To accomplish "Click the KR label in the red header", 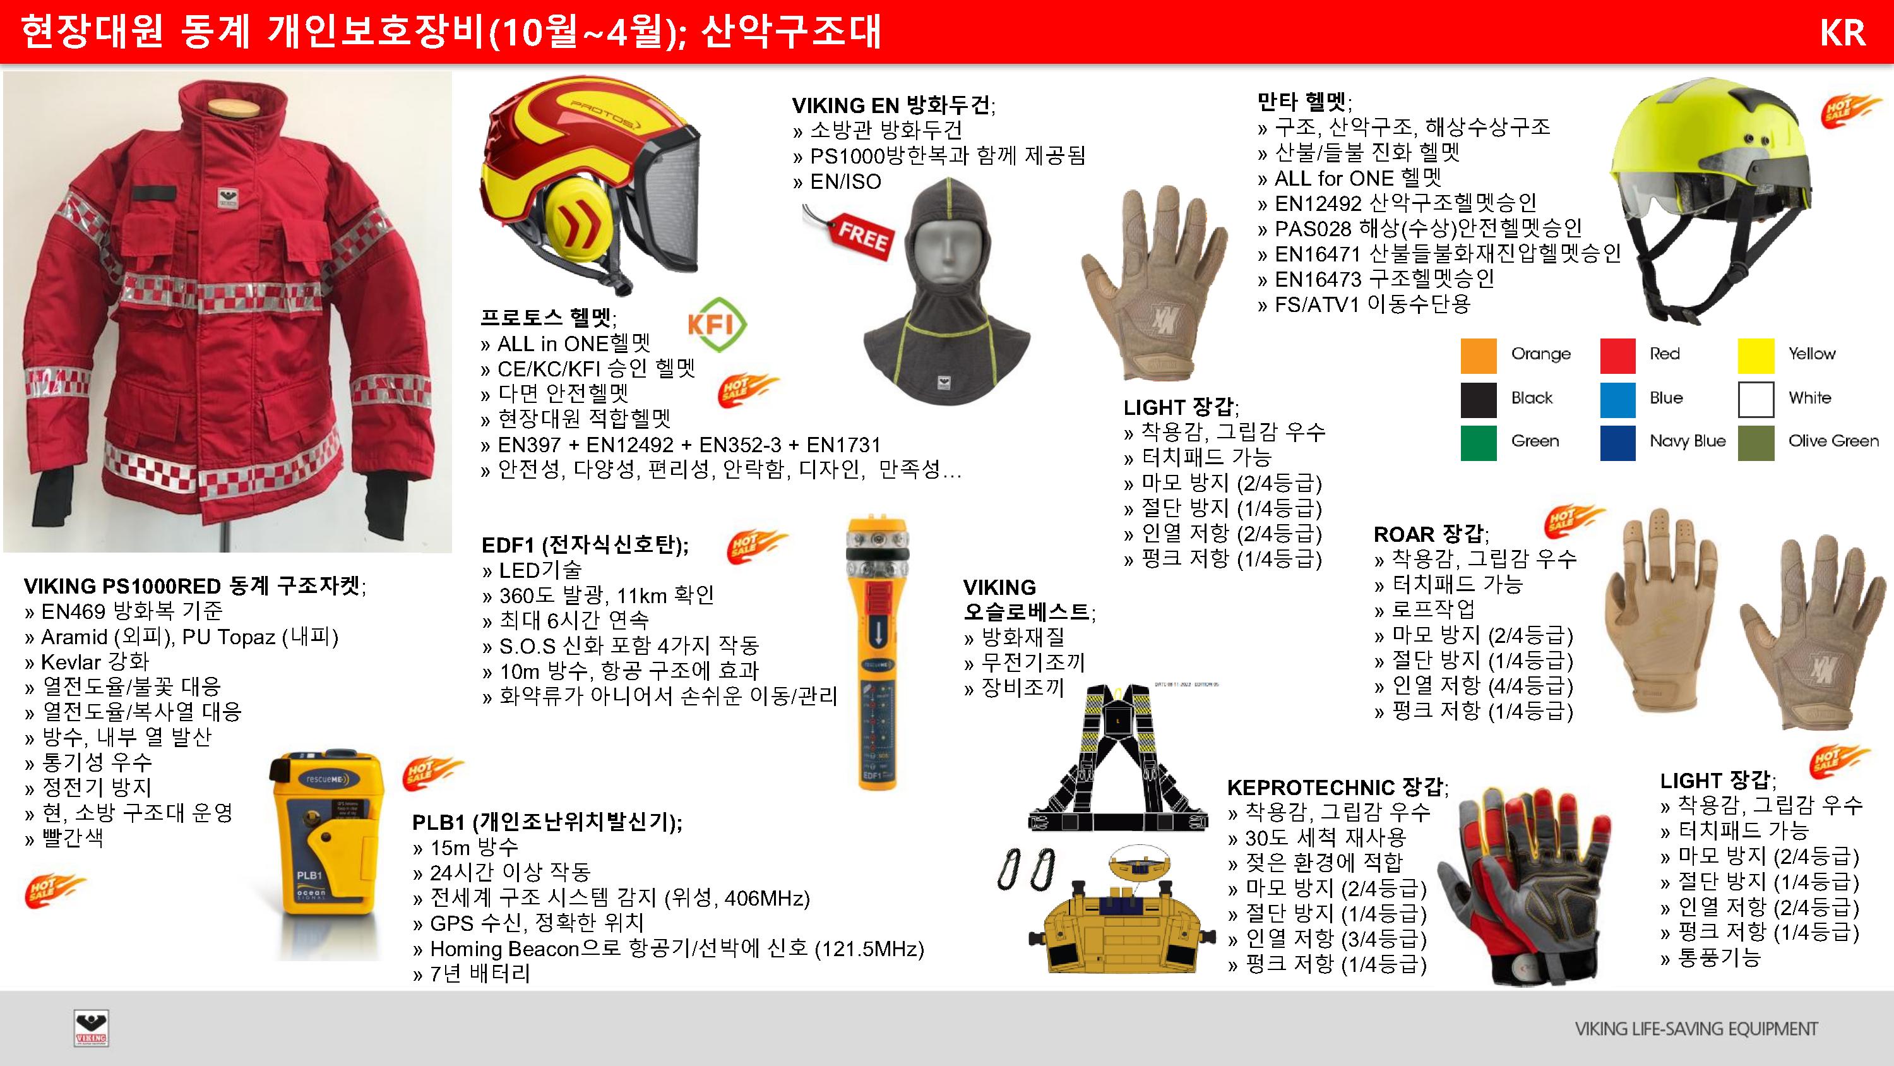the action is click(1842, 33).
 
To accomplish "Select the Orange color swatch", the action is click(1478, 356).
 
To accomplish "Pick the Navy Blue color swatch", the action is click(1617, 443).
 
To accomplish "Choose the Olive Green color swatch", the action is click(1756, 443).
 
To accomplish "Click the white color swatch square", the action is click(1756, 400).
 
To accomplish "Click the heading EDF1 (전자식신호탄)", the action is click(585, 545).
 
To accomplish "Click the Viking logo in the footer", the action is click(91, 1027).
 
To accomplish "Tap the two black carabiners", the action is click(1027, 870).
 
